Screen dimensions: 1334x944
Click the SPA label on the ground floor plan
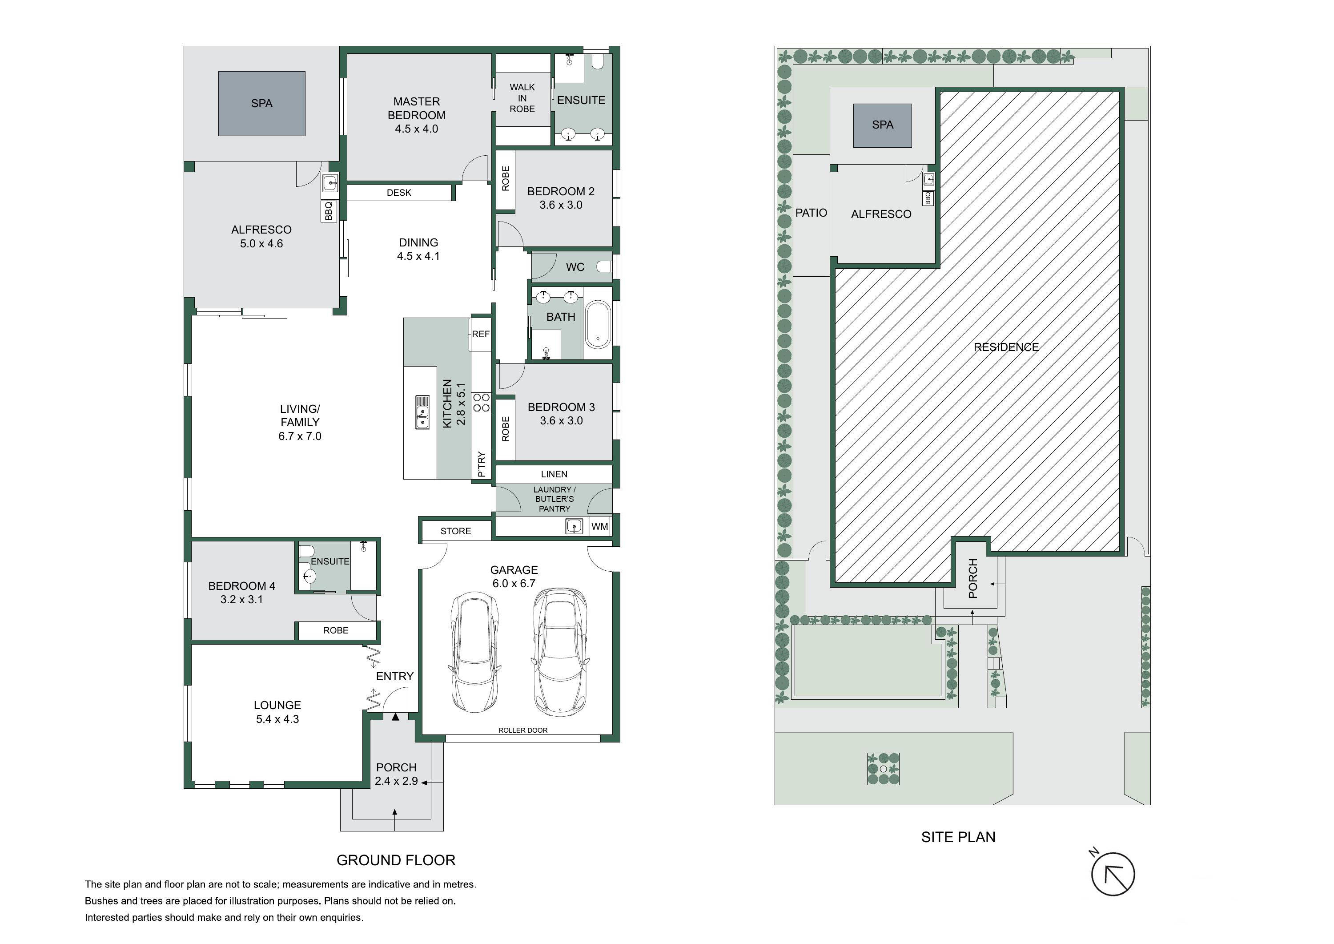coord(261,104)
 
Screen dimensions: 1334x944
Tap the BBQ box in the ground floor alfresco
coord(329,211)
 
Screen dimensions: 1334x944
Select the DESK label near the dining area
coord(399,193)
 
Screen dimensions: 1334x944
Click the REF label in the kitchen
coord(481,334)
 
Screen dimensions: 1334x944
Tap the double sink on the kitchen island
coord(422,412)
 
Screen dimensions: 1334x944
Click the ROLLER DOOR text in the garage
coord(523,730)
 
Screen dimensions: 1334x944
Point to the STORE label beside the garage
coord(455,531)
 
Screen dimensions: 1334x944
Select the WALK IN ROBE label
coord(522,98)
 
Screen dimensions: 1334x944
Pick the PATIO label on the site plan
coord(811,213)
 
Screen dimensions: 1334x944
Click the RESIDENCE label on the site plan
coord(1006,347)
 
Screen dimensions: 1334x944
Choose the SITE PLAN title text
coord(958,837)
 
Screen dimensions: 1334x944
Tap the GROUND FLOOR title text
coord(396,860)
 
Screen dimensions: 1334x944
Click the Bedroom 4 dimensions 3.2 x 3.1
coord(242,599)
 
